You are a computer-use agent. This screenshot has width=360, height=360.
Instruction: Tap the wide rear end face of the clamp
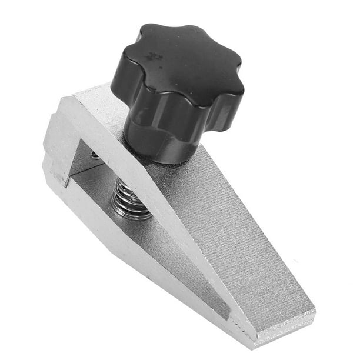[x=56, y=147]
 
